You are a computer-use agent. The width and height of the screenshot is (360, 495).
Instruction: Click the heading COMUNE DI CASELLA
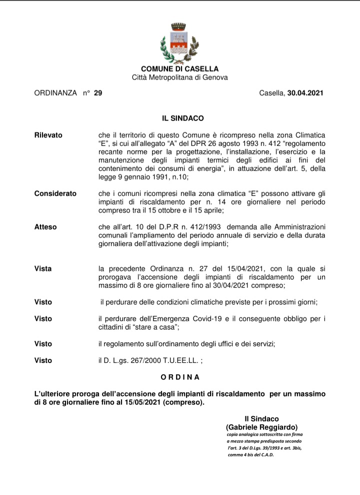pyautogui.click(x=179, y=69)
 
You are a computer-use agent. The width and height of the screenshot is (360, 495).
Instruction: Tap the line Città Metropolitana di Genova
pyautogui.click(x=179, y=77)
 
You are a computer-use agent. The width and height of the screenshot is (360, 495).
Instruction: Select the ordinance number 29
pyautogui.click(x=98, y=93)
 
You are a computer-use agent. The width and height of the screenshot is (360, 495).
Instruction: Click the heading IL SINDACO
pyautogui.click(x=182, y=118)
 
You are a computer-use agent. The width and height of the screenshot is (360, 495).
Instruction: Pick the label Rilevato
pyautogui.click(x=48, y=135)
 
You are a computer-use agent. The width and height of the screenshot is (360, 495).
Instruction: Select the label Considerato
pyautogui.click(x=55, y=193)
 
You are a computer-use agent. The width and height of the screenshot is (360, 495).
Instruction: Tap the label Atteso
pyautogui.click(x=45, y=227)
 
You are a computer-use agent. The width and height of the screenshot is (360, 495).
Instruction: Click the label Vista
pyautogui.click(x=43, y=269)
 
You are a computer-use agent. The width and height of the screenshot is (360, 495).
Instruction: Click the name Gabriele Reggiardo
pyautogui.click(x=261, y=427)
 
